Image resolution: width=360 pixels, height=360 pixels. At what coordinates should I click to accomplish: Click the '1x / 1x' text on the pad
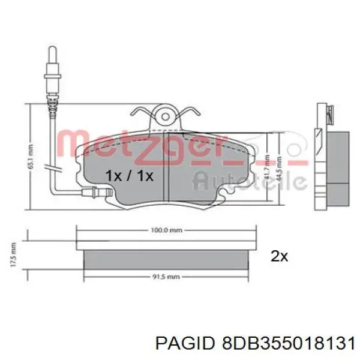point(129,176)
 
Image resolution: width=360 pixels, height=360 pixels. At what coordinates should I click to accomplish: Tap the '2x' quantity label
point(280,256)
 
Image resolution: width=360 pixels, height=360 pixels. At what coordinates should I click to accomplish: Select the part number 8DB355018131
point(281,343)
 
